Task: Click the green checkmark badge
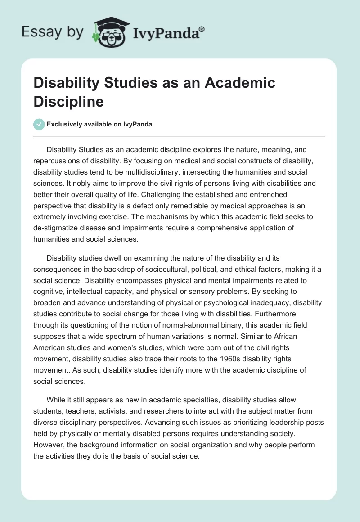[x=39, y=125]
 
